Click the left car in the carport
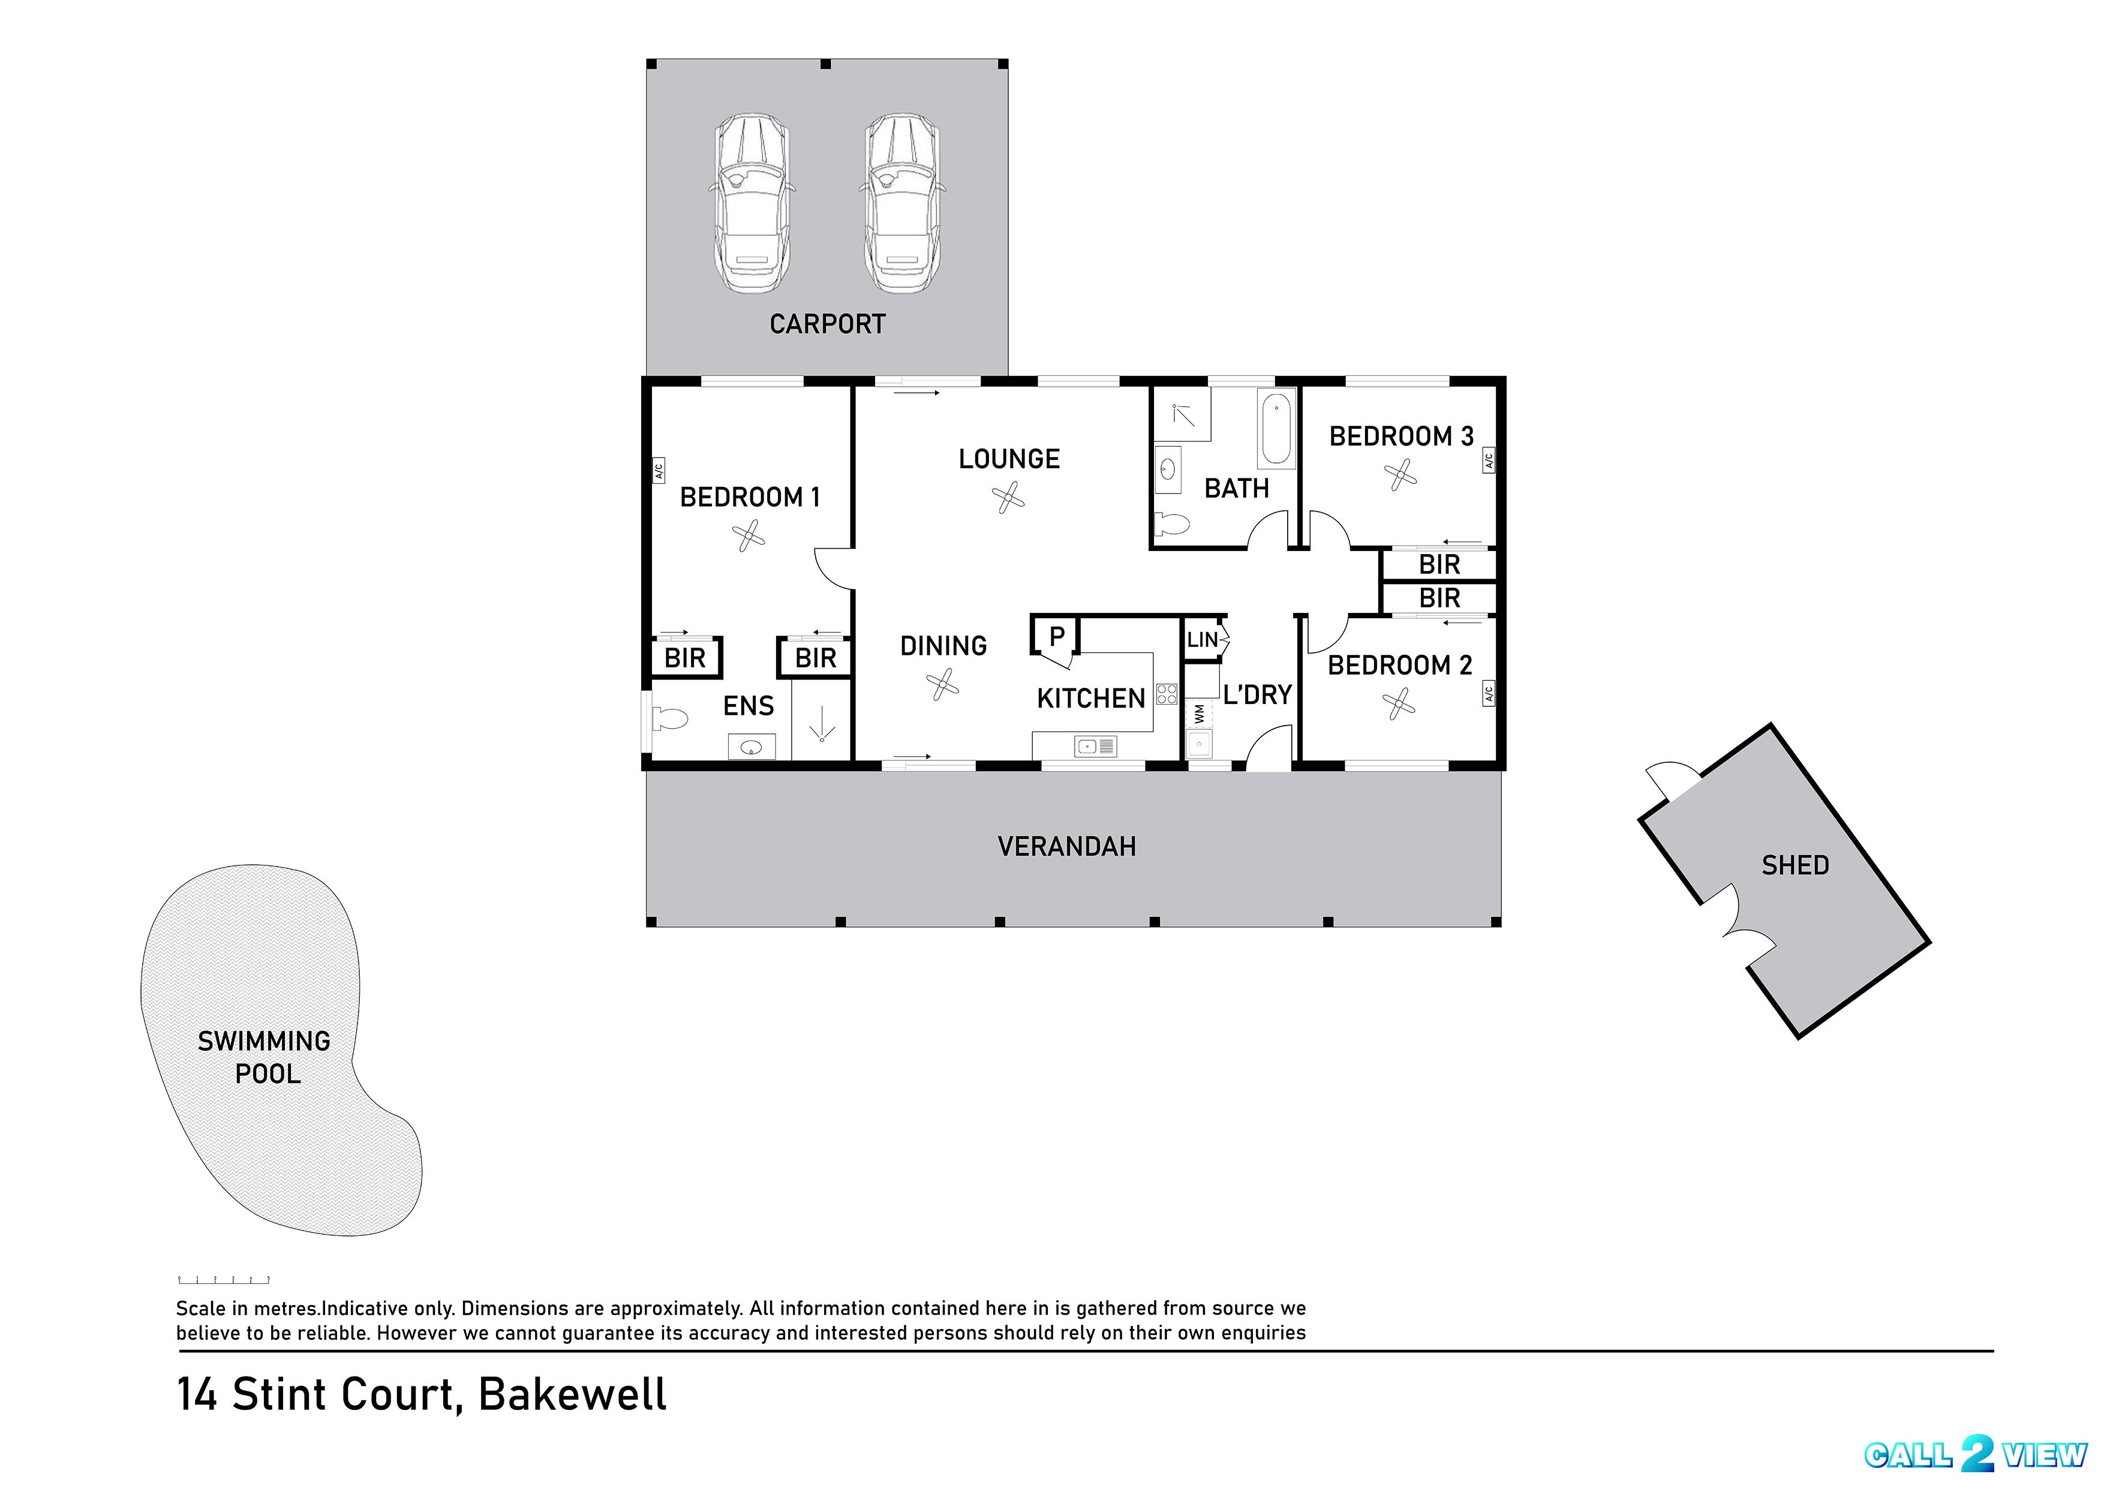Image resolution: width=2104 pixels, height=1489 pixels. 751,203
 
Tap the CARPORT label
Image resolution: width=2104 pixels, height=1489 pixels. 827,324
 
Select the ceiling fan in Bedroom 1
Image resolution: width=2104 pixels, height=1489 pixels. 749,536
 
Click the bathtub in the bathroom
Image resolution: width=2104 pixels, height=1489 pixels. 1276,429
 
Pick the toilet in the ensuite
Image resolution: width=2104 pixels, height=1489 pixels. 668,718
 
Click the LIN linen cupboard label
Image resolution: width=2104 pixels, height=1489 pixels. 1202,640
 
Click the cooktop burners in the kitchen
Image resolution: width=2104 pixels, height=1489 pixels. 1166,693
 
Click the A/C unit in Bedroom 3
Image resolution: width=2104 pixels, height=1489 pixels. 1488,461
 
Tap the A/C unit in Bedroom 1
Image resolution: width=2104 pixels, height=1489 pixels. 658,470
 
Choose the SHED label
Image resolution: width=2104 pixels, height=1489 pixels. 1794,865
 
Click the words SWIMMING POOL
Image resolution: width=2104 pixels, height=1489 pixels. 265,1056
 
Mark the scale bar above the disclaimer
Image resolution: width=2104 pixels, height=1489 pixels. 224,1279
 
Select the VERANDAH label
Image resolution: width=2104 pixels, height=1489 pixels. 1066,846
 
